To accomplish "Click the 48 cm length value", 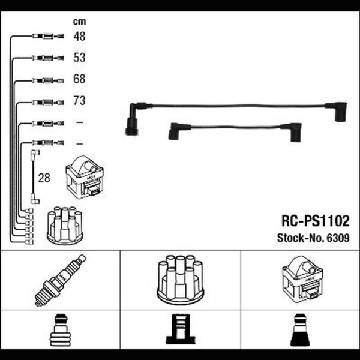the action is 79,36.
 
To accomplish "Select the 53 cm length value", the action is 79,58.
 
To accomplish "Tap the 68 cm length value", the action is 79,79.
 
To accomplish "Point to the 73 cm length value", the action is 79,101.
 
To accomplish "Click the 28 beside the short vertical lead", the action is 44,178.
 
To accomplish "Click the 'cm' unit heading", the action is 79,22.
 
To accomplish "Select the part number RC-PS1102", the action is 316,221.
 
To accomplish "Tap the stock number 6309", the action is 338,238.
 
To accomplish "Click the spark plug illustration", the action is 61,280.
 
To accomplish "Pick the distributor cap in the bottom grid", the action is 181,280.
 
